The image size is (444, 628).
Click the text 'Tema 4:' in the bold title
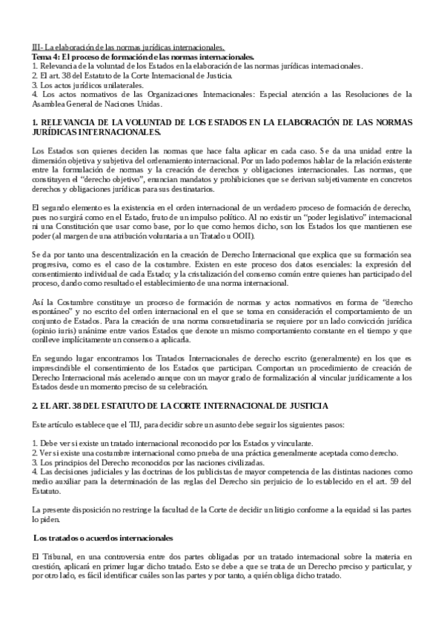point(45,56)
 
